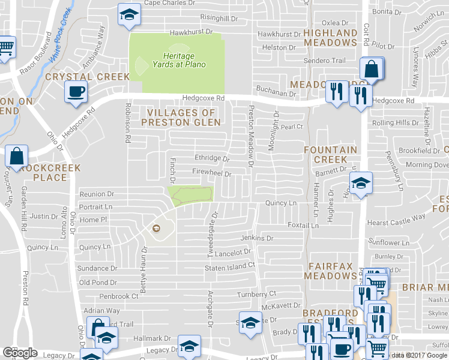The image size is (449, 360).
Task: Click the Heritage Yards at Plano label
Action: pyautogui.click(x=178, y=61)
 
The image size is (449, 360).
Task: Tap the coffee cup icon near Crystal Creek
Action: pyautogui.click(x=76, y=92)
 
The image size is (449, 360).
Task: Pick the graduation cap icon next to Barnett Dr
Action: pyautogui.click(x=361, y=182)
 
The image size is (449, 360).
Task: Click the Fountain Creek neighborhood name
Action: pyautogui.click(x=330, y=155)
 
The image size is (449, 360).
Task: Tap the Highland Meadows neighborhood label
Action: pyautogui.click(x=330, y=38)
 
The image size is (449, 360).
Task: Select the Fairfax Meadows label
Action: pyautogui.click(x=330, y=271)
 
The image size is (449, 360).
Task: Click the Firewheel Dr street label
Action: pyautogui.click(x=212, y=172)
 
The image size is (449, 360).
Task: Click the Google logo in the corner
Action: pyautogui.click(x=20, y=353)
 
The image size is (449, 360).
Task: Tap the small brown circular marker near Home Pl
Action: pyautogui.click(x=157, y=227)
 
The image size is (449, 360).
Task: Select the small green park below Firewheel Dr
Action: pyautogui.click(x=191, y=194)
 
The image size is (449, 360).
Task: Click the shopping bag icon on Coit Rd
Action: pyautogui.click(x=372, y=70)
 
